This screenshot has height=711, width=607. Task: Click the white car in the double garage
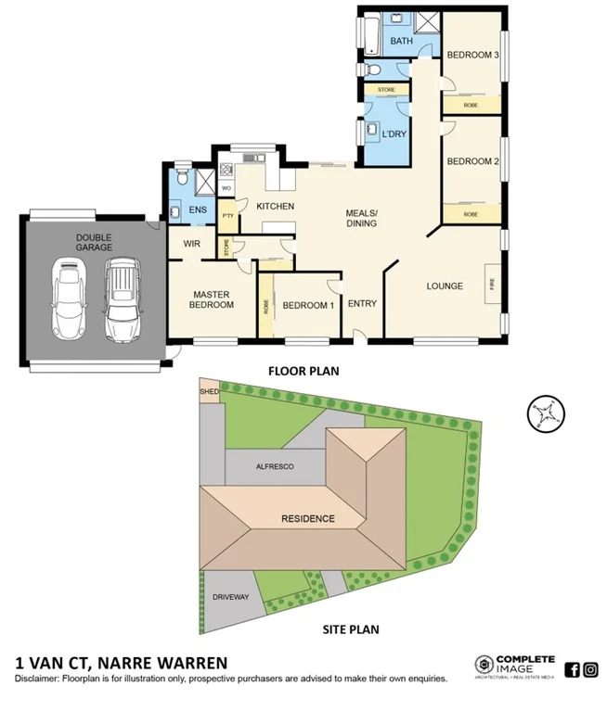pos(70,298)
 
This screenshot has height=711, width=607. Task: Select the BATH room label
pos(401,42)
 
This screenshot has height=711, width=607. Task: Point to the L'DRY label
pos(394,135)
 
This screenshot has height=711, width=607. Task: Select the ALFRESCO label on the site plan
pos(274,467)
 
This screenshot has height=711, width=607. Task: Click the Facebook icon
pos(572,668)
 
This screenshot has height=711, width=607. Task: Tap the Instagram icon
pos(591,668)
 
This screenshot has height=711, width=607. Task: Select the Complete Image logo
pos(515,666)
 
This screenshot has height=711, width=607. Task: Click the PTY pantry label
pos(228,216)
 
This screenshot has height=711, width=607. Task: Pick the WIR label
pos(194,244)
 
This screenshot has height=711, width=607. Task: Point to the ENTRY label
pos(361,303)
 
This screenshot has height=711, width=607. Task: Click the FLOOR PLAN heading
pos(303,371)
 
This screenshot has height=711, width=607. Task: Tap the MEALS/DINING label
pos(362,218)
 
